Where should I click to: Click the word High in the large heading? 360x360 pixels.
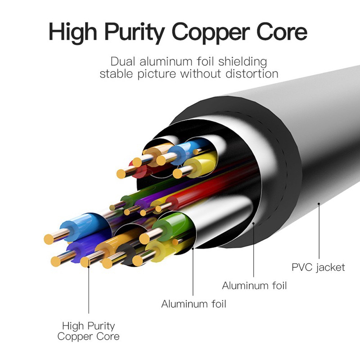(72, 32)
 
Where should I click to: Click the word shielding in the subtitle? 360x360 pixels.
(243, 62)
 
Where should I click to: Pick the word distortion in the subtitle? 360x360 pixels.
(252, 74)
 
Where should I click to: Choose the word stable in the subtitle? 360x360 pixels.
(116, 74)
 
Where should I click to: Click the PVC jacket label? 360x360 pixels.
(318, 268)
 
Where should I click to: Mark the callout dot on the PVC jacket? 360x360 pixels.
(319, 204)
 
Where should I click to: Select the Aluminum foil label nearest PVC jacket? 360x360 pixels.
(254, 286)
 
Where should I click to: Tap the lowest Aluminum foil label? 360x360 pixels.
(193, 304)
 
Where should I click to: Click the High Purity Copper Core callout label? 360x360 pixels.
(88, 331)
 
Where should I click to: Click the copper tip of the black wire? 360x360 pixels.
(108, 263)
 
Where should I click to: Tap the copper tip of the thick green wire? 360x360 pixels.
(144, 238)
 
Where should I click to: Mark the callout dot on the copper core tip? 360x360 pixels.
(89, 266)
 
